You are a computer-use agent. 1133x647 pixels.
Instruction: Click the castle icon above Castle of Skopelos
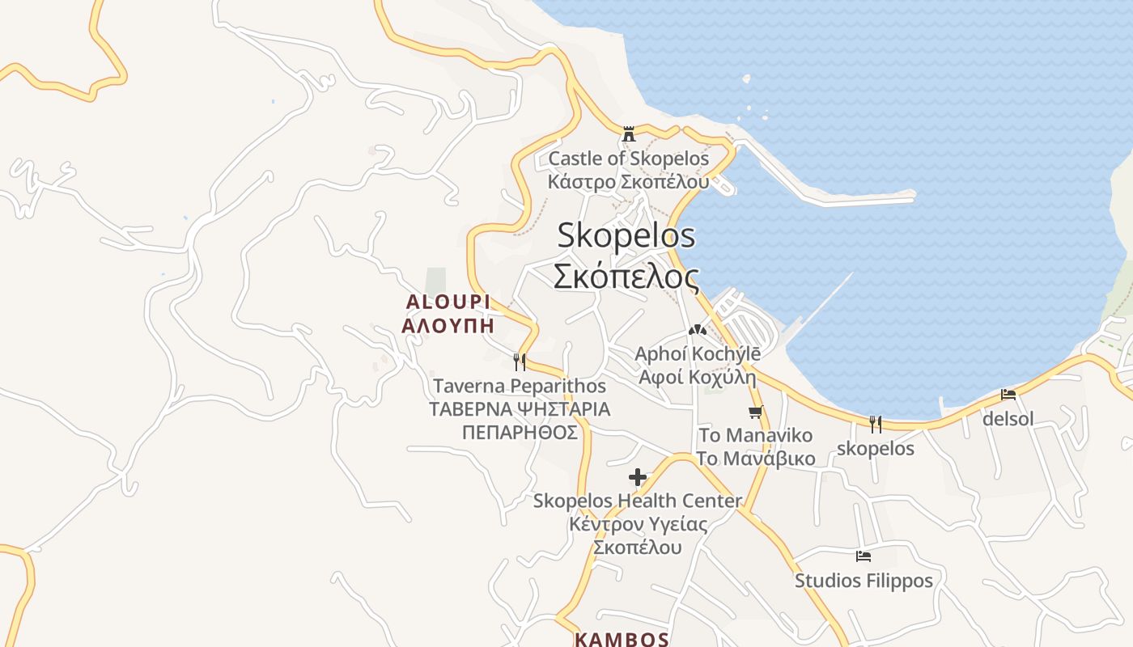coord(629,134)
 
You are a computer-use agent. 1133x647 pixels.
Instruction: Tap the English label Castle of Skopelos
coord(629,159)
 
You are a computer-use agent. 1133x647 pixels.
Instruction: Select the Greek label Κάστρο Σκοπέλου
coord(629,181)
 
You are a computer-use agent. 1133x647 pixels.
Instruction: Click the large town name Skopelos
coord(626,235)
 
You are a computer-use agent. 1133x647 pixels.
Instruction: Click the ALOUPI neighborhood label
coord(448,302)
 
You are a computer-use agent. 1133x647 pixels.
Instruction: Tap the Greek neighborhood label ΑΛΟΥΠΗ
coord(448,326)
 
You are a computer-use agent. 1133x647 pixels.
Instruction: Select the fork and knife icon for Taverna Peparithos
coord(520,362)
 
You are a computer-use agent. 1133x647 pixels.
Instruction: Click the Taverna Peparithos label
coord(520,386)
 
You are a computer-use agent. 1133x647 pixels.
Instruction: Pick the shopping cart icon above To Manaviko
coord(756,412)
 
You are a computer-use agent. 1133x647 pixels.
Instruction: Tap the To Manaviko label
coord(756,435)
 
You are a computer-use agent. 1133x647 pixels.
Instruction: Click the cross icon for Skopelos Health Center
coord(638,477)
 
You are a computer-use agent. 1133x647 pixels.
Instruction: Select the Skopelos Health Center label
coord(638,501)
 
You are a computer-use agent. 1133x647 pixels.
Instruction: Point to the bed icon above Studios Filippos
coord(864,556)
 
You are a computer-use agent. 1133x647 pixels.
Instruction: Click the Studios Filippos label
coord(864,581)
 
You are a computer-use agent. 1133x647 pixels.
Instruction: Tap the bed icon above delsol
coord(1008,395)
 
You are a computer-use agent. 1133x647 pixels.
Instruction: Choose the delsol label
coord(1008,419)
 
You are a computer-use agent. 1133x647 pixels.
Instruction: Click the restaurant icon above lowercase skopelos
coord(875,424)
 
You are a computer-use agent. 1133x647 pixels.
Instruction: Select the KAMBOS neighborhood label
coord(622,639)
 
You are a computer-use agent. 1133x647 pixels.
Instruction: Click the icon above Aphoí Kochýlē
coord(697,330)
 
